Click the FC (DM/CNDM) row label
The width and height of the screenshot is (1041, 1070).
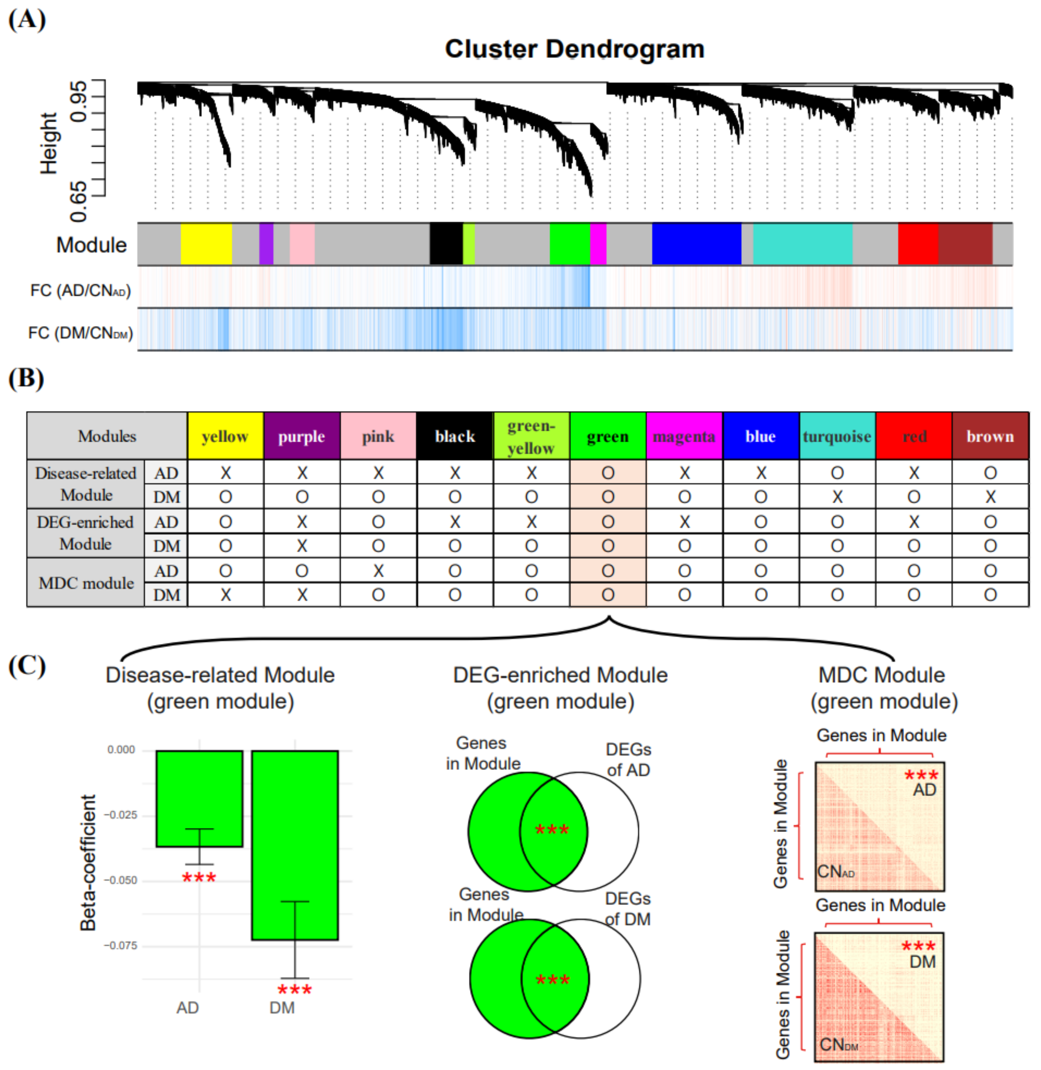pos(80,333)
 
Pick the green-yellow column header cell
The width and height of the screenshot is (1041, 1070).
pos(531,436)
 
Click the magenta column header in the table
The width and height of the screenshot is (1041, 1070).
pos(684,436)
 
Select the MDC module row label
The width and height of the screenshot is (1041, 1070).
pos(86,583)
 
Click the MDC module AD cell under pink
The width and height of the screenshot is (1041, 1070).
pos(378,571)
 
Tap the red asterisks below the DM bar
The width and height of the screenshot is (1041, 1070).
pos(295,990)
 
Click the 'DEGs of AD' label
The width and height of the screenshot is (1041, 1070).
pos(628,760)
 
